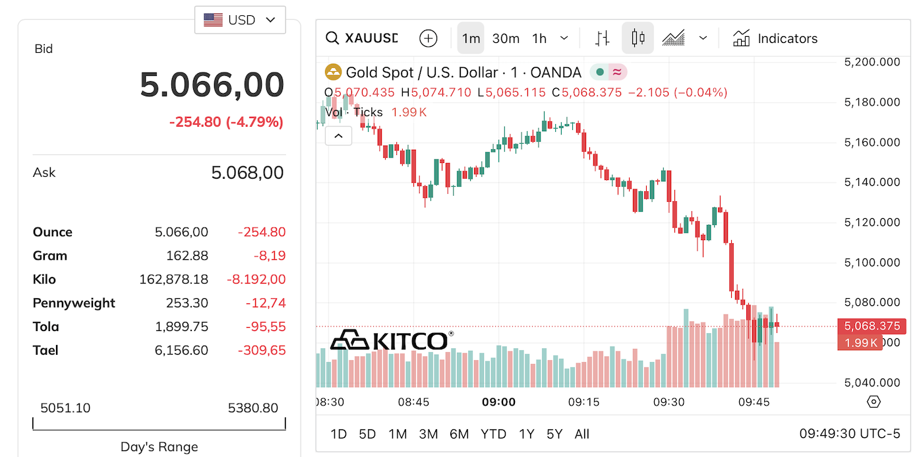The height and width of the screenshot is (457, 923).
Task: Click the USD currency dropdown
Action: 240,20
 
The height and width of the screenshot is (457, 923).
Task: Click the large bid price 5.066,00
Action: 212,85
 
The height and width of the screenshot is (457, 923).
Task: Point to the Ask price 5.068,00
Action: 247,173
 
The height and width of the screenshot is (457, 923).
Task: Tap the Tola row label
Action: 46,327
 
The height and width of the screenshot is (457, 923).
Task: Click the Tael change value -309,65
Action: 262,351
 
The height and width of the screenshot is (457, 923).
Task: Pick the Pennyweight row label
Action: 74,303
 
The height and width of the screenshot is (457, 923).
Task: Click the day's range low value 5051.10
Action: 65,408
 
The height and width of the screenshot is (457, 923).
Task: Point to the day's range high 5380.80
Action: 253,408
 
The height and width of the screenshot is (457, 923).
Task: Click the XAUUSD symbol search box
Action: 363,38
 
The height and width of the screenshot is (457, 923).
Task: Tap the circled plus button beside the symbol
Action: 429,38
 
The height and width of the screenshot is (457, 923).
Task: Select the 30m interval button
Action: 506,38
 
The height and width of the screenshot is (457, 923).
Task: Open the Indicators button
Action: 775,38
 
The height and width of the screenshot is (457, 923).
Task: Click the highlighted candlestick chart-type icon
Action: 638,38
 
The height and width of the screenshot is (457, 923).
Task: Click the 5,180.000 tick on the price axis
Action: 872,102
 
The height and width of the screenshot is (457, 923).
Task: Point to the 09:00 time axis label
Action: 498,402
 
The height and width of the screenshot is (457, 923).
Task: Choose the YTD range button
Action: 493,434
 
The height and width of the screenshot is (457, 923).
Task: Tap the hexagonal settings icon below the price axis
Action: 874,402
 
